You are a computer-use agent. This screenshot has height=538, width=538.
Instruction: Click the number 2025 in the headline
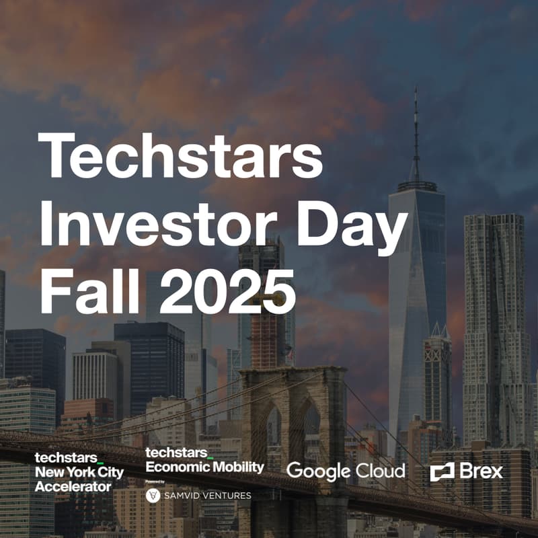coord(226,293)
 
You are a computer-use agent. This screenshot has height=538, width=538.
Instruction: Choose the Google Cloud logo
coord(346,471)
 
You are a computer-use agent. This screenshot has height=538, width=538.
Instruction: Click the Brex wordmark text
coord(481,471)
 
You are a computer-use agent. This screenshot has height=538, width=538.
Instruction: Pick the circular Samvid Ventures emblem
coord(153,496)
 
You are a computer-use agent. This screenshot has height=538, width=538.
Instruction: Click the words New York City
coord(79,473)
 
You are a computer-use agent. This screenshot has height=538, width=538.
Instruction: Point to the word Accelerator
coord(73,486)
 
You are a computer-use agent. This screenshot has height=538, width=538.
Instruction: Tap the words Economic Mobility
coord(204,467)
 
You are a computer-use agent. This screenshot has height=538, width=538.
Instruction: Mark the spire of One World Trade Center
coord(416,128)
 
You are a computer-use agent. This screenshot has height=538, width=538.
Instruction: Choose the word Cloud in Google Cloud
coord(381,471)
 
